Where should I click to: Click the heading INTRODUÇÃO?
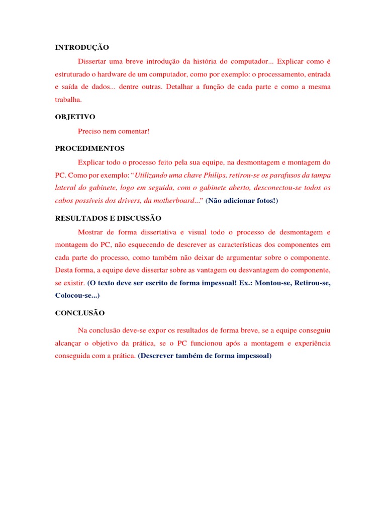pos(82,48)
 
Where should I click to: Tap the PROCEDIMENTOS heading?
pos(90,148)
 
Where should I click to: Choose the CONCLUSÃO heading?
pos(80,313)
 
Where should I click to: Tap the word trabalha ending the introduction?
pos(68,100)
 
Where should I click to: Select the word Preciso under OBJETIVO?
pos(90,131)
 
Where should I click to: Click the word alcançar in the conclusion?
pos(69,343)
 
